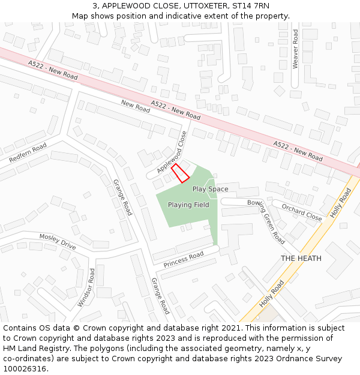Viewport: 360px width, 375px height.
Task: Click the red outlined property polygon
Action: tap(181, 173)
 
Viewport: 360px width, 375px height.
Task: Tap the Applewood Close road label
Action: tap(172, 153)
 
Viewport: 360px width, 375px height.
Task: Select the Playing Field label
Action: tap(188, 205)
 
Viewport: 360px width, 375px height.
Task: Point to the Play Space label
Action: tap(210, 189)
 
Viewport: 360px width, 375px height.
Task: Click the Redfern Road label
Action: tap(28, 154)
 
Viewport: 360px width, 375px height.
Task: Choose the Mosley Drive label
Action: tap(58, 241)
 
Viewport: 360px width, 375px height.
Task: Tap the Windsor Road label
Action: tap(86, 287)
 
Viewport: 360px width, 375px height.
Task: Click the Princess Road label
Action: tap(184, 260)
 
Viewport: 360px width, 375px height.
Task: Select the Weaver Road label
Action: tap(295, 50)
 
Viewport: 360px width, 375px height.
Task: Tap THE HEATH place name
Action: tap(301, 259)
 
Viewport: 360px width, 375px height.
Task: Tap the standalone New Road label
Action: tap(135, 107)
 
